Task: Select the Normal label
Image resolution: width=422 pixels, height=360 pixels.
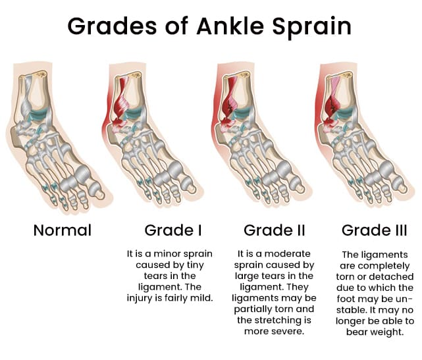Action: pos(62,230)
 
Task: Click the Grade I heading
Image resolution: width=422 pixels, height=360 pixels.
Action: pos(172,230)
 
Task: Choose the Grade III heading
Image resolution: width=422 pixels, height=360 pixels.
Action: pos(374,230)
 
